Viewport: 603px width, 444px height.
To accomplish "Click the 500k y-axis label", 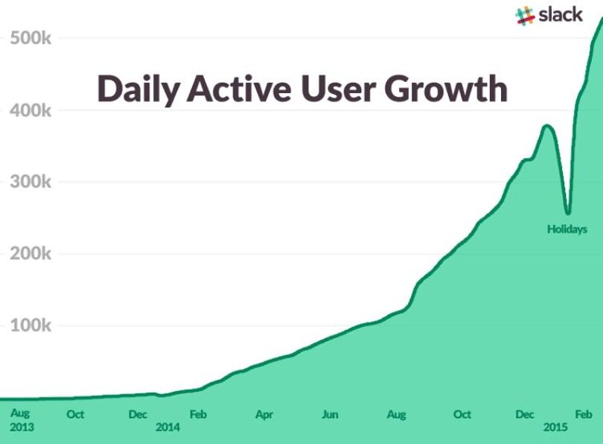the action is coord(31,38).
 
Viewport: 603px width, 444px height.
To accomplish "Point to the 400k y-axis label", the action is coord(31,110).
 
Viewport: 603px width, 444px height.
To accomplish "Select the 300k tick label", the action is coord(31,182).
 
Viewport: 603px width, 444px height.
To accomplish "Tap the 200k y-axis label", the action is coord(31,253).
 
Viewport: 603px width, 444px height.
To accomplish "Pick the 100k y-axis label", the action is coord(31,326).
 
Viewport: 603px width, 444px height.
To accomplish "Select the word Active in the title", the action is coord(239,89).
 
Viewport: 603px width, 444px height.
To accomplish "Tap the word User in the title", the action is coord(338,89).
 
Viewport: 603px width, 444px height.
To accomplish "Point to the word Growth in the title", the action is coord(446,89).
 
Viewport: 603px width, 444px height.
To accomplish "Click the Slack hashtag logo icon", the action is coord(525,16).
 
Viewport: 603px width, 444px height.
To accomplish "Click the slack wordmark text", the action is coord(561,15).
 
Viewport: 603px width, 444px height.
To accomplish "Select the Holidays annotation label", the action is coord(567,229).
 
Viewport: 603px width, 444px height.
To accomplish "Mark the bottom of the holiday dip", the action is coord(568,213).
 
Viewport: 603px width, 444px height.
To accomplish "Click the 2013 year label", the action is coord(22,427).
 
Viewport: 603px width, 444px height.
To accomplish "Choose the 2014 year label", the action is coord(167,427).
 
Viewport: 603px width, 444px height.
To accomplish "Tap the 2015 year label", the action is coord(555,427).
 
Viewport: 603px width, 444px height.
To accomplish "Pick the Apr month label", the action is coord(264,415).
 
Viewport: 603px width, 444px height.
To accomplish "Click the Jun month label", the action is coord(330,415).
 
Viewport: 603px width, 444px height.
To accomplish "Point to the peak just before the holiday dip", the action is coord(546,125).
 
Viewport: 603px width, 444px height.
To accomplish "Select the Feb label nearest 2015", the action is coord(584,414).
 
